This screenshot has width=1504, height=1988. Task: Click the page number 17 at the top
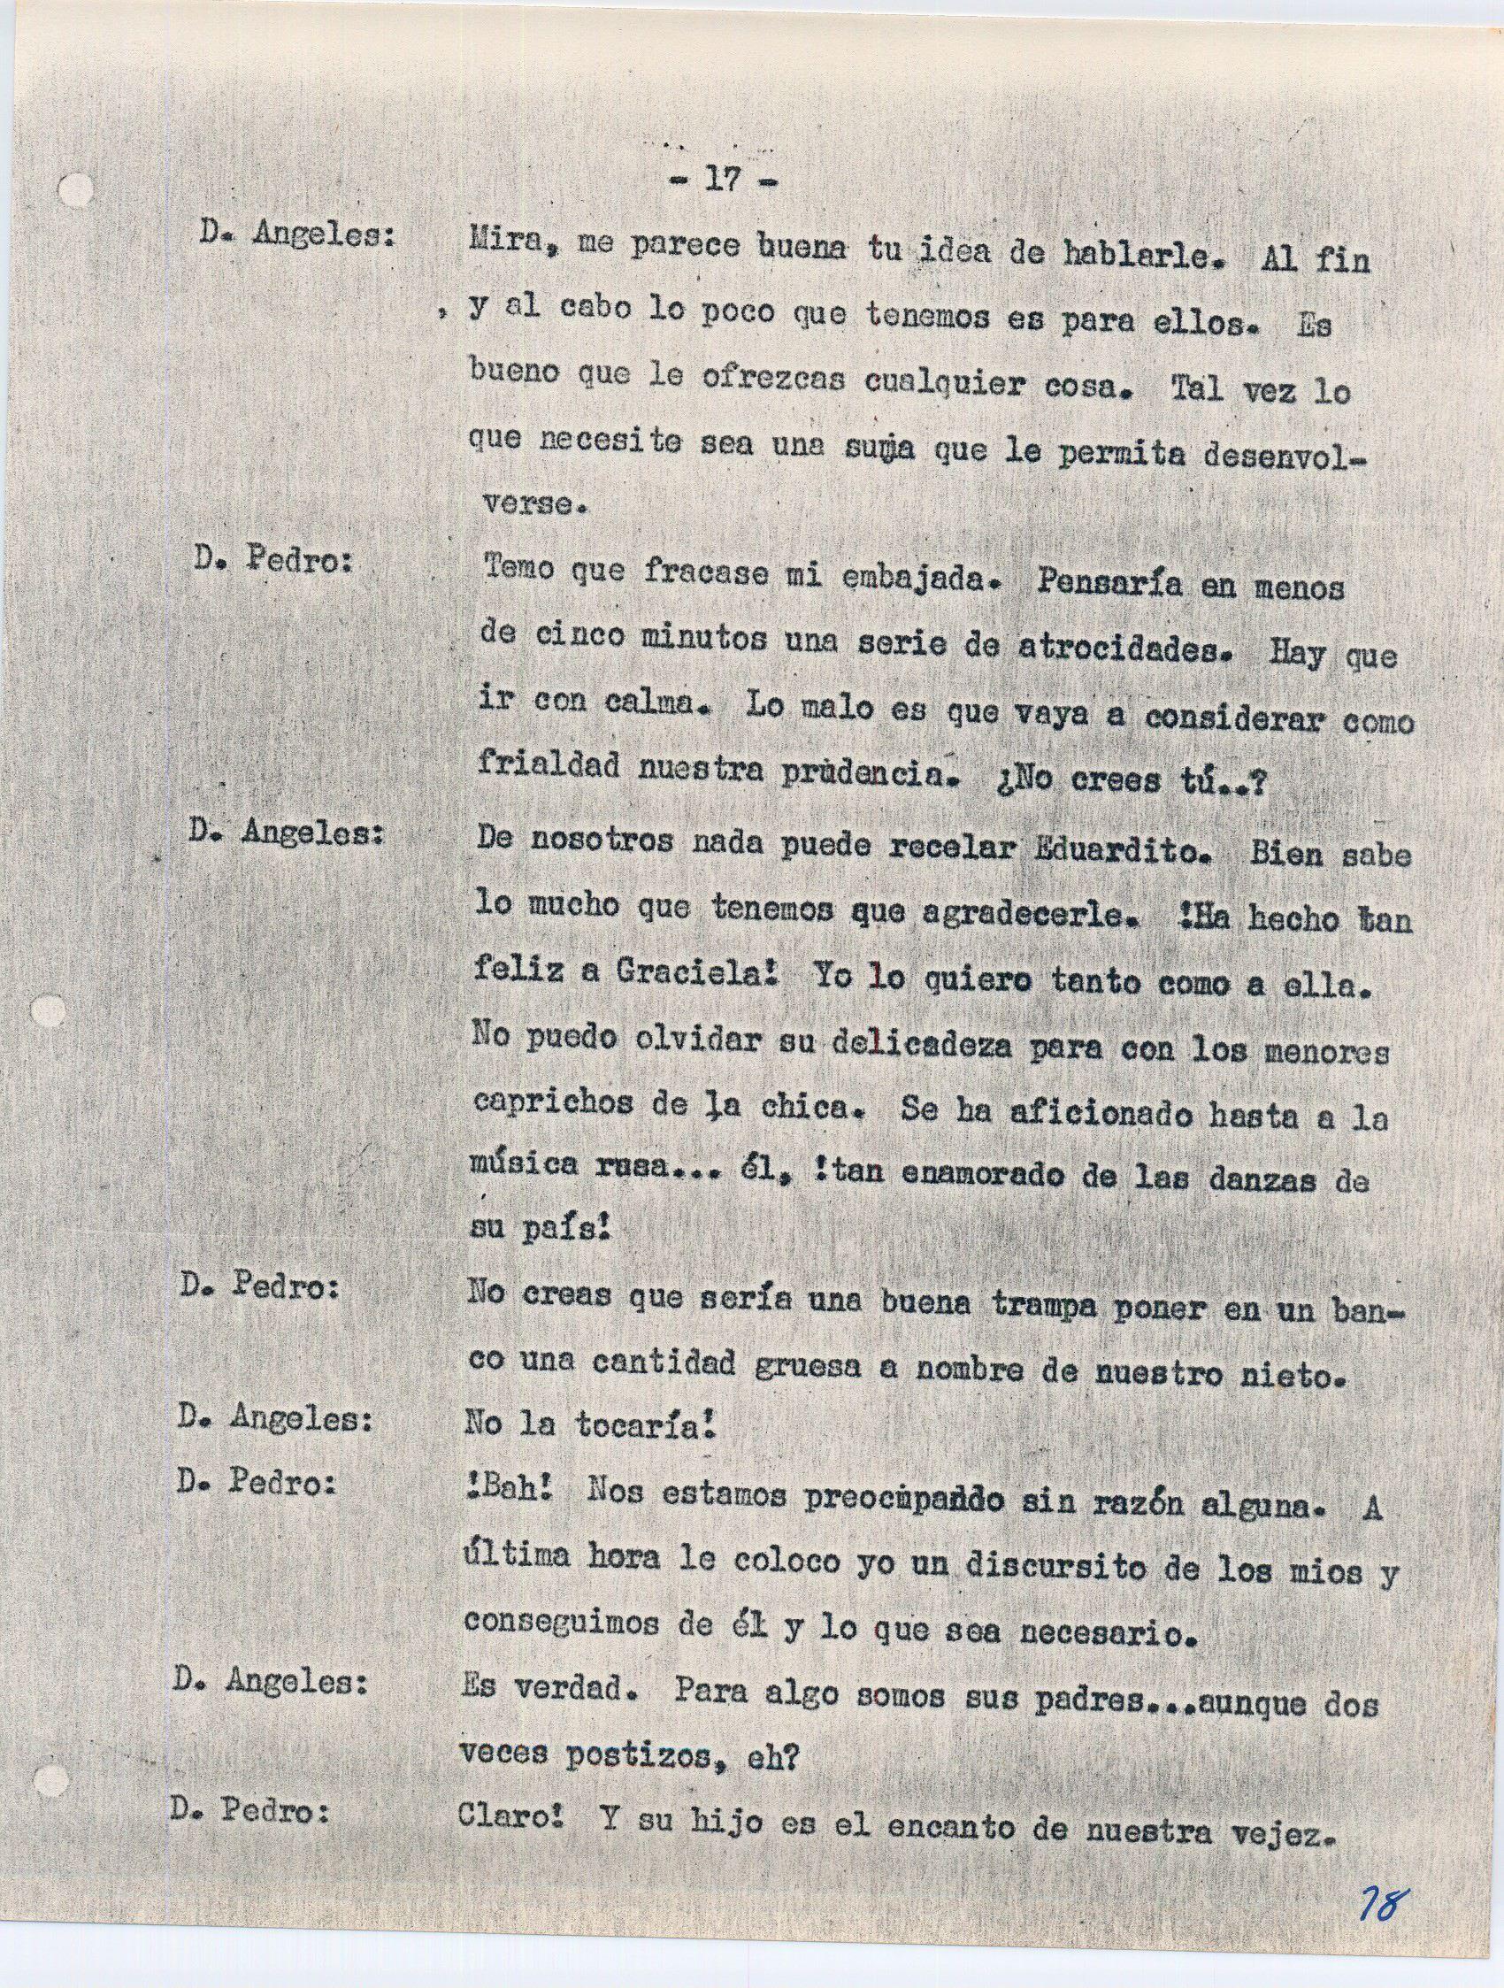[x=722, y=180]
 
